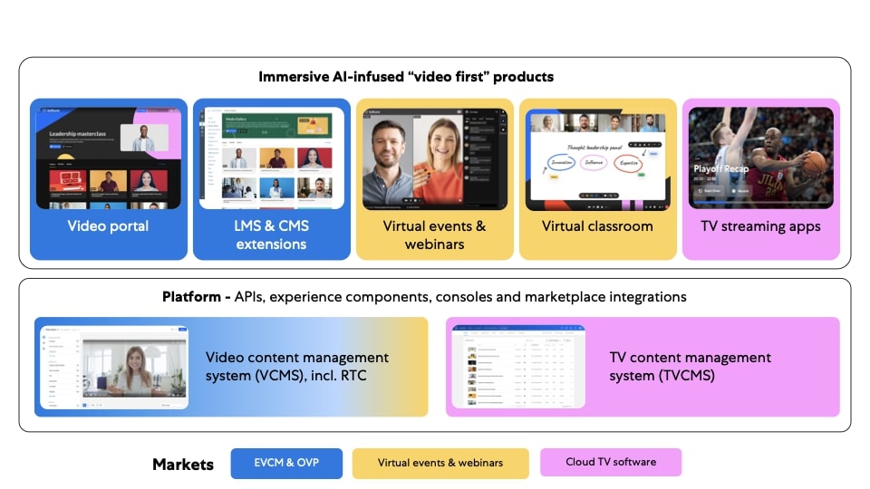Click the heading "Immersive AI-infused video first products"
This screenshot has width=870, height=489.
pyautogui.click(x=406, y=77)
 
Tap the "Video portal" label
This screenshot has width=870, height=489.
pyautogui.click(x=108, y=225)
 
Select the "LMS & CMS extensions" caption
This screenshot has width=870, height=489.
pyautogui.click(x=271, y=235)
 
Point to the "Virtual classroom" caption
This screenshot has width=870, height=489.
pyautogui.click(x=597, y=225)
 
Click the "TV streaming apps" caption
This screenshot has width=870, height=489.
pyautogui.click(x=760, y=225)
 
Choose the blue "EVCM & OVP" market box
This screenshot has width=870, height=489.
pyautogui.click(x=286, y=463)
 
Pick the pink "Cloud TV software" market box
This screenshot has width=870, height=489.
pyautogui.click(x=610, y=462)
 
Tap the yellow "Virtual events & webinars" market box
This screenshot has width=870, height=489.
pyautogui.click(x=440, y=463)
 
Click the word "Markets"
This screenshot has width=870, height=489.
pyautogui.click(x=183, y=465)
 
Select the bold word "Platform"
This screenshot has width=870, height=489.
pyautogui.click(x=194, y=297)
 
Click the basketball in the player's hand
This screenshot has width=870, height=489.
pyautogui.click(x=815, y=162)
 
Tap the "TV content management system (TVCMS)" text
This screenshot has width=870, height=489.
pyautogui.click(x=690, y=366)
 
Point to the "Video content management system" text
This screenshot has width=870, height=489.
pyautogui.click(x=297, y=358)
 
